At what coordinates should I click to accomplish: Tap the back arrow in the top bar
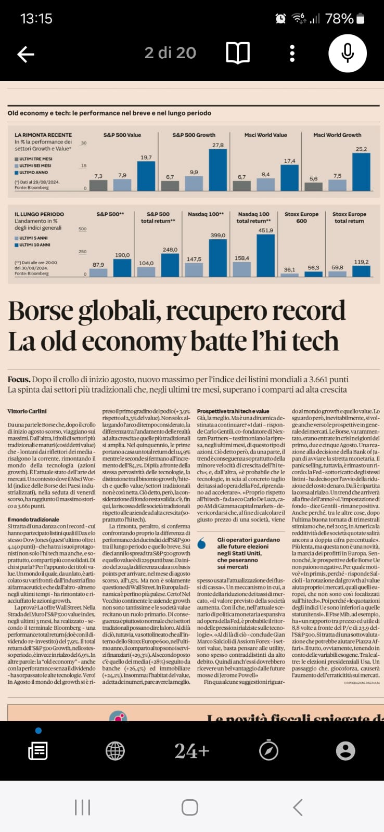(25, 54)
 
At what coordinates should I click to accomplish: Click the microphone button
(348, 53)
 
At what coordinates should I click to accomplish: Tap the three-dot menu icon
(292, 53)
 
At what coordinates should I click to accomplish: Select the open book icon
(238, 53)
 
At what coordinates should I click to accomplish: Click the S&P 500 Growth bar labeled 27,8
(217, 170)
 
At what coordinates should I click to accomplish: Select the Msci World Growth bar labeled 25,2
(361, 172)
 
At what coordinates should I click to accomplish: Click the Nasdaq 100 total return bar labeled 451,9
(265, 255)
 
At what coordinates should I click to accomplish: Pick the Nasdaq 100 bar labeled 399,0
(217, 257)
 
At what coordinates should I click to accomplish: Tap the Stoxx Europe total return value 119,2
(361, 262)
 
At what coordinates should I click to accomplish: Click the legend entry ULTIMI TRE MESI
(35, 159)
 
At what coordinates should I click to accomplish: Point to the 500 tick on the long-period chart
(82, 229)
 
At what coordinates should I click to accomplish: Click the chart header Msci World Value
(265, 135)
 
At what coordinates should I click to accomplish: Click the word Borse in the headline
(41, 311)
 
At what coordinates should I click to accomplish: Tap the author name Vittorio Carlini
(27, 411)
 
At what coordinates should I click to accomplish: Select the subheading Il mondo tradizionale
(33, 519)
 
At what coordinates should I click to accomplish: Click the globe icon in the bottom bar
(115, 750)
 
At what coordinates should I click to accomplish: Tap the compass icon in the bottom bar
(268, 750)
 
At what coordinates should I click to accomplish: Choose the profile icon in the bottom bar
(345, 750)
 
